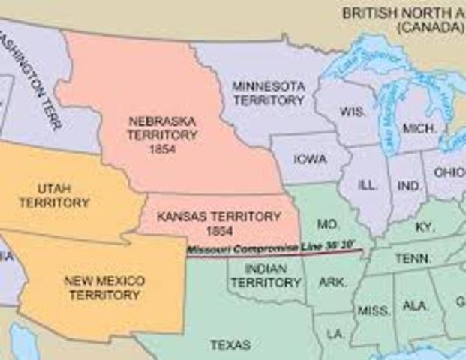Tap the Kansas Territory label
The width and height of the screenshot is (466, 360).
click(x=219, y=222)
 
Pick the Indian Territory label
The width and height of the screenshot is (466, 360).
click(x=255, y=276)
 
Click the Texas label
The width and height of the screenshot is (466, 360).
click(x=230, y=345)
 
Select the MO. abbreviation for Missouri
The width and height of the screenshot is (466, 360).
click(x=326, y=223)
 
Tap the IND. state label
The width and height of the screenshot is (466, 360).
click(x=410, y=184)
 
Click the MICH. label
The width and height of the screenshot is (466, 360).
click(x=419, y=128)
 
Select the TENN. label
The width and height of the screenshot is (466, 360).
click(x=413, y=258)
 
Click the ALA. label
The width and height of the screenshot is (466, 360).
click(x=415, y=305)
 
